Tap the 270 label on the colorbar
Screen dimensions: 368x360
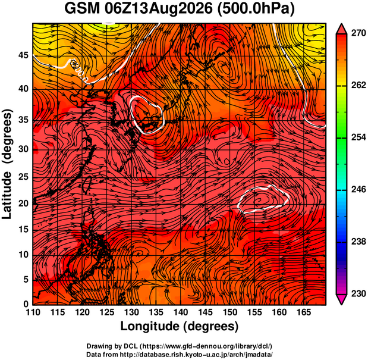(358, 33)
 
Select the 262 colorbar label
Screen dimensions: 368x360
(358, 85)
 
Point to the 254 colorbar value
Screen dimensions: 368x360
(358, 137)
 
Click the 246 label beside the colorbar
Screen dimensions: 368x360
(358, 189)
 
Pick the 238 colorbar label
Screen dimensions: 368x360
(358, 242)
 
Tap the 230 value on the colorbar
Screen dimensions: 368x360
(358, 294)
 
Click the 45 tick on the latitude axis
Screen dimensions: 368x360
(23, 56)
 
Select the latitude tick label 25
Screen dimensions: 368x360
(23, 177)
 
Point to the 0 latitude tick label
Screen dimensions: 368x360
(26, 304)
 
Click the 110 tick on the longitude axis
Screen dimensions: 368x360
(33, 312)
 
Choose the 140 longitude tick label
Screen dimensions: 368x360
(181, 312)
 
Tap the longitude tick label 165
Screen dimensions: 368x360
(304, 312)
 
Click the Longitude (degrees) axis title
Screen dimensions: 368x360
(180, 327)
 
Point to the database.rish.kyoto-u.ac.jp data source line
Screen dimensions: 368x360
(180, 354)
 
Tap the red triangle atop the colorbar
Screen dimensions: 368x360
(341, 29)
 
